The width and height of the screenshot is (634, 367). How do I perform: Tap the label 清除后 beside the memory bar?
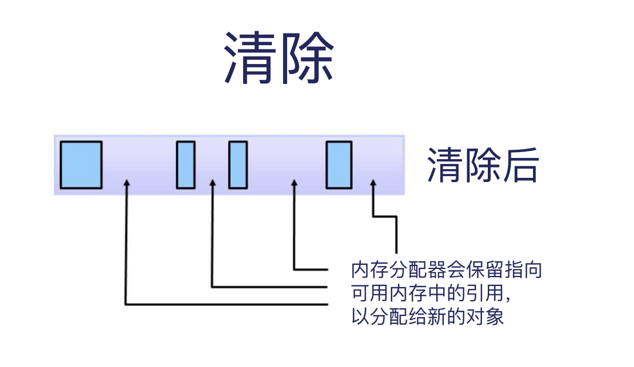click(483, 165)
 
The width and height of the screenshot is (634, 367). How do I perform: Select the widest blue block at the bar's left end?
click(81, 165)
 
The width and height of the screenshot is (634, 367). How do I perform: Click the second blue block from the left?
click(186, 165)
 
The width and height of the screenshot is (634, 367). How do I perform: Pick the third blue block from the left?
click(238, 165)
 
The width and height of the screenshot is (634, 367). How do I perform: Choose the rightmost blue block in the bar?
click(339, 165)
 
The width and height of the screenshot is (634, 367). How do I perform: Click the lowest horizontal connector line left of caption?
click(226, 304)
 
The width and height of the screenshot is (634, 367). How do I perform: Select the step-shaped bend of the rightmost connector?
click(385, 217)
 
